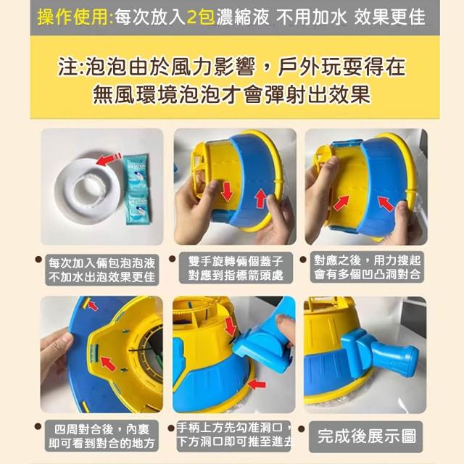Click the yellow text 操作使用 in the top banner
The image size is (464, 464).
coord(72,17)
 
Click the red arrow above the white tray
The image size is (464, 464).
coord(108,159)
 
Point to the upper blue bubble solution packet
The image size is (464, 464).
coord(136,171)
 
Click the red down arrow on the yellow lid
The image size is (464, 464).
coord(227,192)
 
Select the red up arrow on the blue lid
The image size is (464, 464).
coord(261,199)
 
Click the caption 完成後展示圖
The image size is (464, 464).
coord(367,436)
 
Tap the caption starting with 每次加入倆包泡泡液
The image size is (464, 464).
coord(101,270)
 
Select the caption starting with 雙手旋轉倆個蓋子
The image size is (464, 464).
coord(236,268)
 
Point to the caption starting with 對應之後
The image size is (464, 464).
coord(367,267)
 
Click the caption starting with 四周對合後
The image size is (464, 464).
coord(101,436)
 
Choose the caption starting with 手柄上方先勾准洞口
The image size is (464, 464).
coord(235,434)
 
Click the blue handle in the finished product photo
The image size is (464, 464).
coord(379,353)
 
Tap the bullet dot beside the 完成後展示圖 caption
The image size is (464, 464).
coord(302,428)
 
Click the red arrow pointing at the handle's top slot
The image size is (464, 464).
coord(231,326)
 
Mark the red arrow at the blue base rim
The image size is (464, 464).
coord(257,384)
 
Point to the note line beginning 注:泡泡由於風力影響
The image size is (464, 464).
coord(231,67)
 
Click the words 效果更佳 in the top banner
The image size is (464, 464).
coord(389,17)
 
